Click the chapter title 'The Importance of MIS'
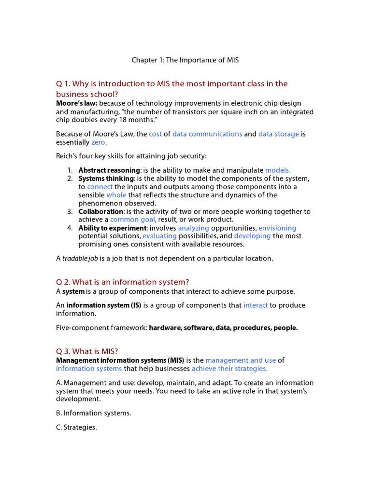185,60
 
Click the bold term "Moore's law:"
76,103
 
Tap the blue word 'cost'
155,134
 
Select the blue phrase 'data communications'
207,134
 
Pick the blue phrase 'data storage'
278,134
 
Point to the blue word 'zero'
98,142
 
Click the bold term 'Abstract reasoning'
109,170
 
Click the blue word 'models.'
278,170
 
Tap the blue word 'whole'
116,195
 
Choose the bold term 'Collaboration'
101,211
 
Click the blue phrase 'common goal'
129,220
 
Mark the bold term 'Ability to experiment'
113,228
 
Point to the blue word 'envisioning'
277,228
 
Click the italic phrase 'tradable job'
80,258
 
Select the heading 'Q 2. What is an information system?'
123,282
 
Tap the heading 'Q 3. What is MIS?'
87,351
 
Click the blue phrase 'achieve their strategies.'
229,368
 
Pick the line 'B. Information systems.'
94,413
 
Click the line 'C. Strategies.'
76,427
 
